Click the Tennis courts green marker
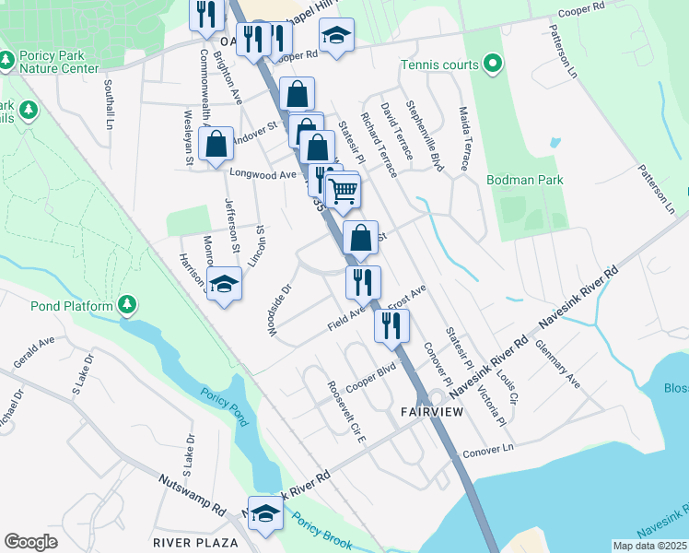493,65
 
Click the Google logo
30,542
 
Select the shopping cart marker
343,192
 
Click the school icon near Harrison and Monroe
224,285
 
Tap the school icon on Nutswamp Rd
266,515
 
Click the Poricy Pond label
225,405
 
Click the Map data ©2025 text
649,546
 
